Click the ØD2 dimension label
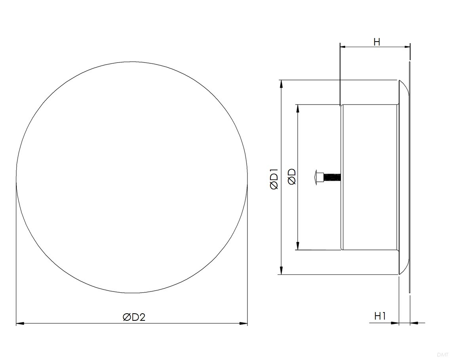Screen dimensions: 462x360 [x=134, y=317]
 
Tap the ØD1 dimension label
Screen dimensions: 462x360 [x=274, y=179]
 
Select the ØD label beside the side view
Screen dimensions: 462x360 [x=292, y=177]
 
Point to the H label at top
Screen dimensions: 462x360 [x=376, y=42]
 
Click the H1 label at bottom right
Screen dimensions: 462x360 [x=380, y=316]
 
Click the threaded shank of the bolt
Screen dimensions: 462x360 [x=331, y=177]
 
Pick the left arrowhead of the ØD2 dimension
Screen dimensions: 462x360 [x=20, y=324]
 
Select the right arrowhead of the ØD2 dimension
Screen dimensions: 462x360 [x=243, y=324]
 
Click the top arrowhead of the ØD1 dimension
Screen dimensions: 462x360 [x=281, y=84]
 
